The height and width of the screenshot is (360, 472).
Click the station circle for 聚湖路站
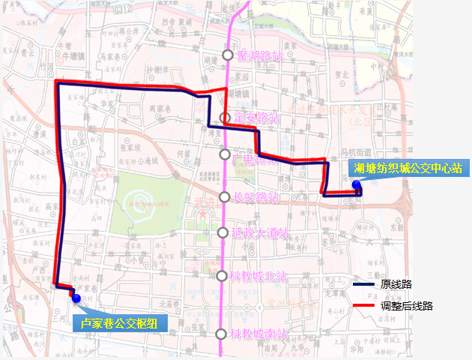pyautogui.click(x=228, y=55)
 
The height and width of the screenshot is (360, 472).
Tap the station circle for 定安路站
pyautogui.click(x=226, y=118)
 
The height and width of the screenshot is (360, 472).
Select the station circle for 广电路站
pyautogui.click(x=225, y=154)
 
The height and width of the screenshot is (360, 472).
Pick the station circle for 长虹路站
pyautogui.click(x=224, y=197)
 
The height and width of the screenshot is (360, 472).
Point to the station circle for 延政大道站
pyautogui.click(x=223, y=232)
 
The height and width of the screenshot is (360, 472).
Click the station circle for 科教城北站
pyautogui.click(x=222, y=276)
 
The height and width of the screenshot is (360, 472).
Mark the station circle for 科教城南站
pyautogui.click(x=220, y=334)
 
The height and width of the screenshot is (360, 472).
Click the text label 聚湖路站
pyautogui.click(x=259, y=56)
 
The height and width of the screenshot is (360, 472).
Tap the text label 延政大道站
pyautogui.click(x=261, y=232)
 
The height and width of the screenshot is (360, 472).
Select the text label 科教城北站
pyautogui.click(x=258, y=276)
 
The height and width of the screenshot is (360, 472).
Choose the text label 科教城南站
pyautogui.click(x=258, y=334)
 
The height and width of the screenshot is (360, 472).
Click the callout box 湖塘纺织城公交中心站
pyautogui.click(x=408, y=168)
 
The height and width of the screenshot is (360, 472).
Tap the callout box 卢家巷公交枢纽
pyautogui.click(x=120, y=322)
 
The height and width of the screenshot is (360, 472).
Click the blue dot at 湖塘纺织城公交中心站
pyautogui.click(x=356, y=185)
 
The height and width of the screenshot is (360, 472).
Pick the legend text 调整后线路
pyautogui.click(x=406, y=306)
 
